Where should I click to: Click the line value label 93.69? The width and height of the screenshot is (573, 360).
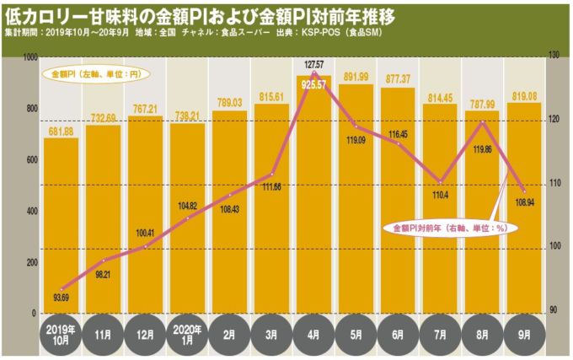(61, 296)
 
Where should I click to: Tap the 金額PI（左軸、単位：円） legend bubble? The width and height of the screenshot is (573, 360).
(92, 74)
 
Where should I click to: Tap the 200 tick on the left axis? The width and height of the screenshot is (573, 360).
(29, 263)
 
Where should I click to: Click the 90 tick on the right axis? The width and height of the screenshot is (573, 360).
(554, 310)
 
